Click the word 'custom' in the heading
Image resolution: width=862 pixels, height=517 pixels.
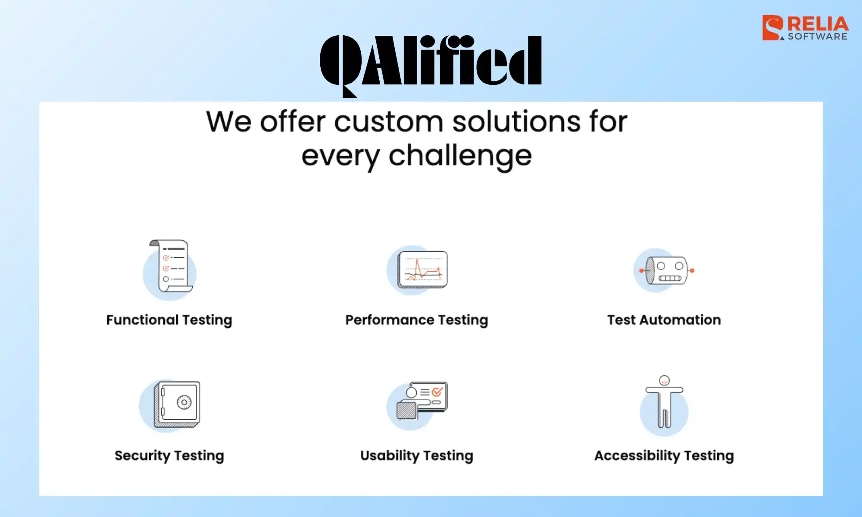[388, 121]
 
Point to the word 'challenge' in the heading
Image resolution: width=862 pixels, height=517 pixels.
[460, 156]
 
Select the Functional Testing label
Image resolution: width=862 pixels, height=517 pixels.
[169, 320]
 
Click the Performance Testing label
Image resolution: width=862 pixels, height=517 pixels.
[417, 320]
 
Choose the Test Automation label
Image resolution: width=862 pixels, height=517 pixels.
[664, 320]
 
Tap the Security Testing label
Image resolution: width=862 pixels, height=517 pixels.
[169, 456]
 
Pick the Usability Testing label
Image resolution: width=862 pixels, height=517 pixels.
[417, 456]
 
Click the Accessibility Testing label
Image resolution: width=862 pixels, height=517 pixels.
[664, 456]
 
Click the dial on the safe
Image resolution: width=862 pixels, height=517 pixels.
[184, 402]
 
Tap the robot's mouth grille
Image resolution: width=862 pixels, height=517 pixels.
[670, 278]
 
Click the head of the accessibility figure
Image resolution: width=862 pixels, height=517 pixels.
[665, 380]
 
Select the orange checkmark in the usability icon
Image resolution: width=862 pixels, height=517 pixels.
[437, 392]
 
